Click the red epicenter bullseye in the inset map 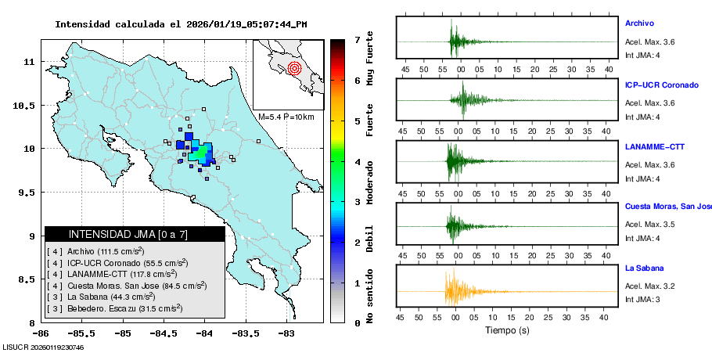294,67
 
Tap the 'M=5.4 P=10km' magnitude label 286,117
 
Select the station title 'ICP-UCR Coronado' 661,85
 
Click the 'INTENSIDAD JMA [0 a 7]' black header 135,234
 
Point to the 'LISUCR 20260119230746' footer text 43,347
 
